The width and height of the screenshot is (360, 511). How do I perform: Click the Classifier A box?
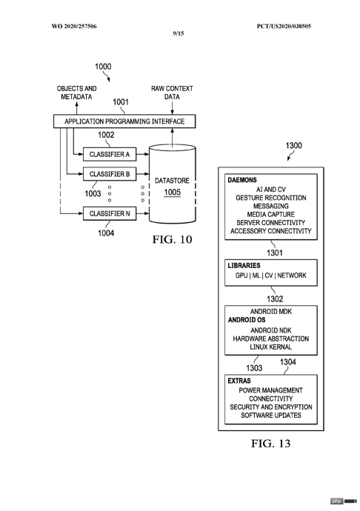pyautogui.click(x=110, y=154)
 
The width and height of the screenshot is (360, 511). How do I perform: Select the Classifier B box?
pyautogui.click(x=110, y=174)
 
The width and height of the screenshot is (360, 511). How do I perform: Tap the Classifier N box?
pyautogui.click(x=110, y=213)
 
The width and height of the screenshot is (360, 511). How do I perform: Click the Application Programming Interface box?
pyautogui.click(x=124, y=121)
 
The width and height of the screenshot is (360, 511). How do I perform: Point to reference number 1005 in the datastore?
pyautogui.click(x=172, y=193)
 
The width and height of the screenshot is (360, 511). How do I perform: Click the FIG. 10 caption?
pyautogui.click(x=172, y=239)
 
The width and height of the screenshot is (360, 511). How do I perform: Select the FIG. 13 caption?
pyautogui.click(x=270, y=443)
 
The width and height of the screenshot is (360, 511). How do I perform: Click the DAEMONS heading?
pyautogui.click(x=242, y=180)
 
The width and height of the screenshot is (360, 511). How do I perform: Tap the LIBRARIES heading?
pyautogui.click(x=244, y=265)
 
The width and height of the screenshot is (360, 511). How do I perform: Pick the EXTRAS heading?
pyautogui.click(x=239, y=381)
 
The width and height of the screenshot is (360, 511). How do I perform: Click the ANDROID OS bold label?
pyautogui.click(x=247, y=320)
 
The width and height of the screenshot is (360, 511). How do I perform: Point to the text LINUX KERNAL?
pyautogui.click(x=270, y=347)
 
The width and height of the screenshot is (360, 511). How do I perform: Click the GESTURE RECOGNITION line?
pyautogui.click(x=271, y=198)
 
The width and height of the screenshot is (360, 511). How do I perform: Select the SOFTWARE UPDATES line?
pyautogui.click(x=271, y=415)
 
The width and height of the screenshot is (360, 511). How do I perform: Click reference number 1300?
pyautogui.click(x=294, y=145)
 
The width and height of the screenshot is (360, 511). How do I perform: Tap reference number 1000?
pyautogui.click(x=103, y=67)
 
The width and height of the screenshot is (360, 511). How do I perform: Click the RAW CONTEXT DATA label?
pyautogui.click(x=172, y=93)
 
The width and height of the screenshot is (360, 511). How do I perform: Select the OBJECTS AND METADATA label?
pyautogui.click(x=76, y=93)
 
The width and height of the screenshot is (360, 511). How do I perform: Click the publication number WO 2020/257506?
pyautogui.click(x=74, y=26)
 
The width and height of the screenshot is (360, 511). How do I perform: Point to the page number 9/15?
pyautogui.click(x=179, y=33)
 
